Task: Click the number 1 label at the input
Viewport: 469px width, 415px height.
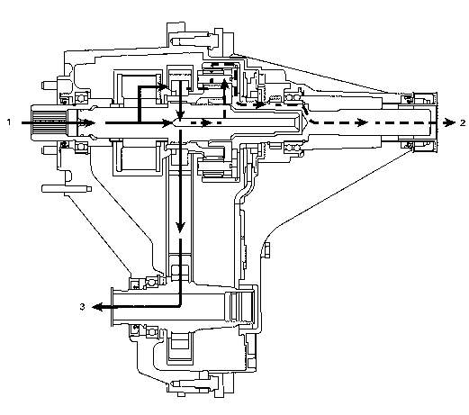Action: [9, 122]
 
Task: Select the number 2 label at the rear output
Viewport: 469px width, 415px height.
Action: [463, 122]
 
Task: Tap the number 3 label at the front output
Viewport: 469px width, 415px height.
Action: [82, 307]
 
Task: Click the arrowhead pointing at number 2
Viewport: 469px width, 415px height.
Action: [450, 122]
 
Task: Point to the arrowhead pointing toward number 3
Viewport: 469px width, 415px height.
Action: [97, 307]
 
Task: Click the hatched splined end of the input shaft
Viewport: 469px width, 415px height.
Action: [49, 122]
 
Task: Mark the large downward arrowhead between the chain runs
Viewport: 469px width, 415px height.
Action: [180, 227]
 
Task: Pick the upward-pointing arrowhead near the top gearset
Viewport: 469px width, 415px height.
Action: [224, 83]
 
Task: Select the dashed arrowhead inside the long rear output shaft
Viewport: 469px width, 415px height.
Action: [362, 122]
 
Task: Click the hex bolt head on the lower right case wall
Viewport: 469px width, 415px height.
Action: [266, 251]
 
